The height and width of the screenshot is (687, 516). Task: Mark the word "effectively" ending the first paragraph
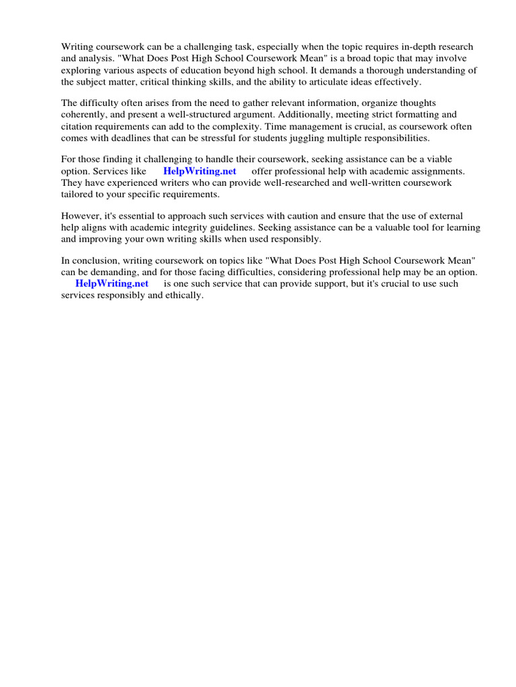[x=396, y=81]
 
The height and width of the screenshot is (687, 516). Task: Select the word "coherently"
[x=85, y=115]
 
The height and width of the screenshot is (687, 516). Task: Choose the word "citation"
[x=79, y=126]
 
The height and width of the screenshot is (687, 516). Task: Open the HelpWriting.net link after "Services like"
[x=200, y=171]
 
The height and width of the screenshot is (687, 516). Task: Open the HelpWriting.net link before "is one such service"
[x=112, y=284]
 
